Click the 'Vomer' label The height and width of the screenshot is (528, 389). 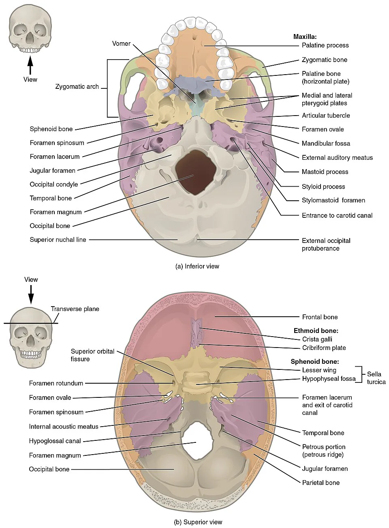point(121,44)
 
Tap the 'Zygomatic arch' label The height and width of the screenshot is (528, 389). point(77,86)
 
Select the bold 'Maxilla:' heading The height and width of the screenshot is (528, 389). point(305,36)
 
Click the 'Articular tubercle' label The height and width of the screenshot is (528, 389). point(326,116)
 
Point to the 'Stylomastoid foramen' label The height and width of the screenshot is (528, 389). point(333,200)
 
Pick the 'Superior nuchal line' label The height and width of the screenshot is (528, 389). point(58,240)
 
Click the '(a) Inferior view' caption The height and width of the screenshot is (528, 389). point(197,266)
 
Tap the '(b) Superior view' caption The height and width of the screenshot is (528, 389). point(198,522)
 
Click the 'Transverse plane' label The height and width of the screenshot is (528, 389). point(75,309)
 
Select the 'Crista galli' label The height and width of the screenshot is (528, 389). point(317,339)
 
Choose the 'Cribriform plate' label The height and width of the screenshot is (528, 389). point(324,348)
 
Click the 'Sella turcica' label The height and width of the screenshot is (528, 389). point(376,378)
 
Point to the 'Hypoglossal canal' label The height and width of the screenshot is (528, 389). point(55,441)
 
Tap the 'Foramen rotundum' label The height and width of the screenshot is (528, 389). point(56,383)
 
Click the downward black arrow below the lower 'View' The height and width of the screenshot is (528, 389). point(31,294)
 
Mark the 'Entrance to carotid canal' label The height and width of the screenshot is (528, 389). point(337,215)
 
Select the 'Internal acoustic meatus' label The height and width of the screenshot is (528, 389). point(64,426)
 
